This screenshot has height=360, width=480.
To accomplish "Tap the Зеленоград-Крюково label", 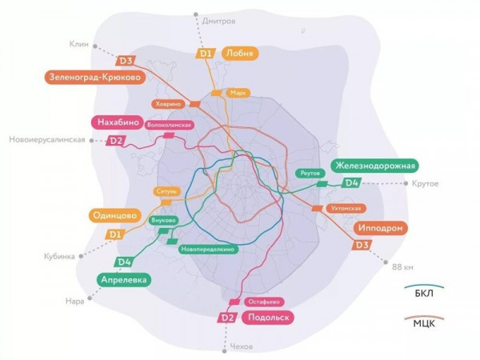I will [94, 77].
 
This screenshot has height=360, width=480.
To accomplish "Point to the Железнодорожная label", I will [376, 166].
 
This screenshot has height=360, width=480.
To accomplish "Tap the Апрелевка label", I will [125, 279].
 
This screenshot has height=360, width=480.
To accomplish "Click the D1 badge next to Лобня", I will [206, 54].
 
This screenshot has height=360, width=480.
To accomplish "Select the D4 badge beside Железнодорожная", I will [350, 183].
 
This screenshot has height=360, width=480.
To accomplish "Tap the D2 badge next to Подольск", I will [226, 318].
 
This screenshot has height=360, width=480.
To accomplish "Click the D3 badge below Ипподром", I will [362, 245].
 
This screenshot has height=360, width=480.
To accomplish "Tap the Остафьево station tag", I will [263, 302].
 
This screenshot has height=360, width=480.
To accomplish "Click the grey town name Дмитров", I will [220, 19].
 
